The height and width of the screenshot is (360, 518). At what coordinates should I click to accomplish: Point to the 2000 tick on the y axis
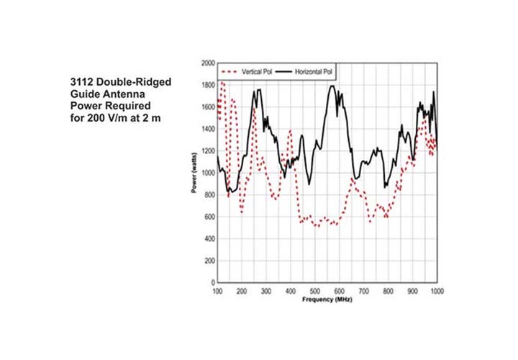(x=207, y=63)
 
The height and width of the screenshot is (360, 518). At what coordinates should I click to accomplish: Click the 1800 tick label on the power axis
(x=207, y=85)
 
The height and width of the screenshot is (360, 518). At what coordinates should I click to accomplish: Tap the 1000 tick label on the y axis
(x=207, y=173)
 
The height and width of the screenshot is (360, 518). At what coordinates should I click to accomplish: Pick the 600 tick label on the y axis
(x=209, y=217)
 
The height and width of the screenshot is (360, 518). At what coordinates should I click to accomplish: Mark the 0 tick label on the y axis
(x=212, y=282)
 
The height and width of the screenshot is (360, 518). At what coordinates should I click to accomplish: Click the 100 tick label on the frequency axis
(x=217, y=290)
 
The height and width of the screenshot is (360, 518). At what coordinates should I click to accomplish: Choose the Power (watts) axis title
(x=195, y=173)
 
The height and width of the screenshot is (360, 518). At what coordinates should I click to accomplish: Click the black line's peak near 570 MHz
(x=332, y=86)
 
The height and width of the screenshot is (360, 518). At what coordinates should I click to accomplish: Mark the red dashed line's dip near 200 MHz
(x=242, y=214)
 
